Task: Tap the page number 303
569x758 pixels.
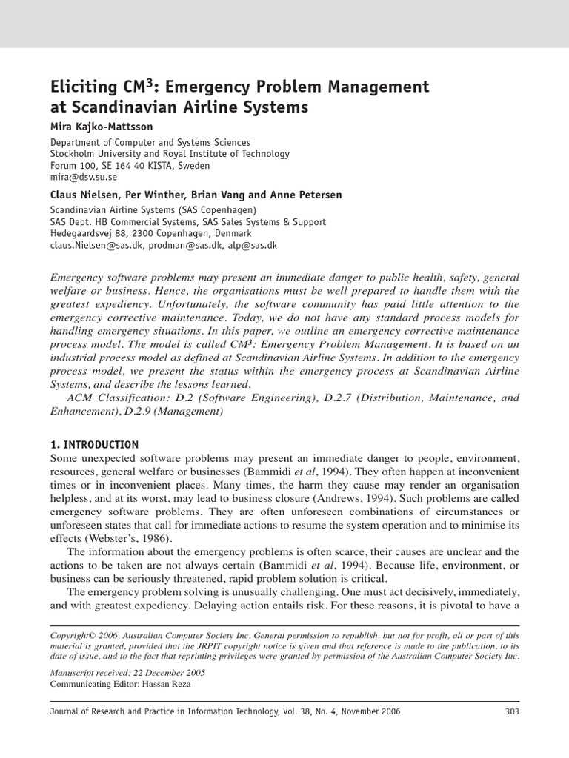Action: point(510,711)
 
